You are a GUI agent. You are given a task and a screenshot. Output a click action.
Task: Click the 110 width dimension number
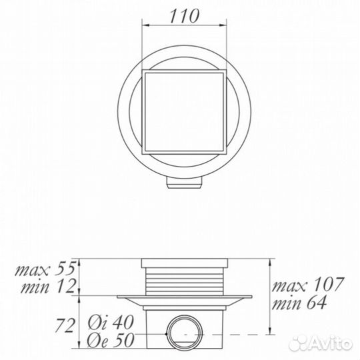pyautogui.click(x=185, y=16)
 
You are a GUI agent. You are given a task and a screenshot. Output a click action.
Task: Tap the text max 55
pyautogui.click(x=45, y=269)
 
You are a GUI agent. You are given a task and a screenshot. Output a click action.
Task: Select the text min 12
pyautogui.click(x=48, y=287)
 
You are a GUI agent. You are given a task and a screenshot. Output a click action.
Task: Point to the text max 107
pyautogui.click(x=308, y=284)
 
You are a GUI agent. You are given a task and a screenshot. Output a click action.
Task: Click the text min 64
pyautogui.click(x=299, y=303)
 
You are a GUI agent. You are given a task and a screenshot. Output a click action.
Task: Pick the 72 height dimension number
pyautogui.click(x=65, y=325)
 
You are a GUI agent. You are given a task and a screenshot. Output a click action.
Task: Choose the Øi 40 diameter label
pyautogui.click(x=111, y=323)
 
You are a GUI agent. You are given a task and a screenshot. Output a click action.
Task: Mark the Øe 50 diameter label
pyautogui.click(x=110, y=339)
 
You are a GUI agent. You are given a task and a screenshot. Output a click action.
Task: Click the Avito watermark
pyautogui.click(x=321, y=343)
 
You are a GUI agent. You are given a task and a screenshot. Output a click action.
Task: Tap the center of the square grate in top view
pyautogui.click(x=184, y=111)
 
